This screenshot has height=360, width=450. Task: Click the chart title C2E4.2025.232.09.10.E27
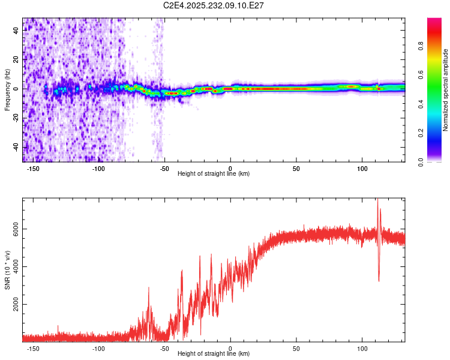(214, 5)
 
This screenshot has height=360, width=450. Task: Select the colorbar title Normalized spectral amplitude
(445, 90)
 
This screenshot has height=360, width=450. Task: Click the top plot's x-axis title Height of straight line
(214, 173)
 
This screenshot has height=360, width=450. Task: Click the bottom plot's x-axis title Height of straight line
(214, 353)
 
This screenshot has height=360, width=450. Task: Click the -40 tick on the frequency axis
(16, 148)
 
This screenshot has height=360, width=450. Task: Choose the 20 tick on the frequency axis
(16, 59)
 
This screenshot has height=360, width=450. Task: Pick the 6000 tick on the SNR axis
(16, 229)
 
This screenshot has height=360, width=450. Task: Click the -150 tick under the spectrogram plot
(33, 168)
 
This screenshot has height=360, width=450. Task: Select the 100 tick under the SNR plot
(362, 348)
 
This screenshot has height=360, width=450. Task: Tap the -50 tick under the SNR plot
(164, 348)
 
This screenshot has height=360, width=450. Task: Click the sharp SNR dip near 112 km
(379, 280)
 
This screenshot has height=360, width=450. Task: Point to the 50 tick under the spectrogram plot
(296, 168)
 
